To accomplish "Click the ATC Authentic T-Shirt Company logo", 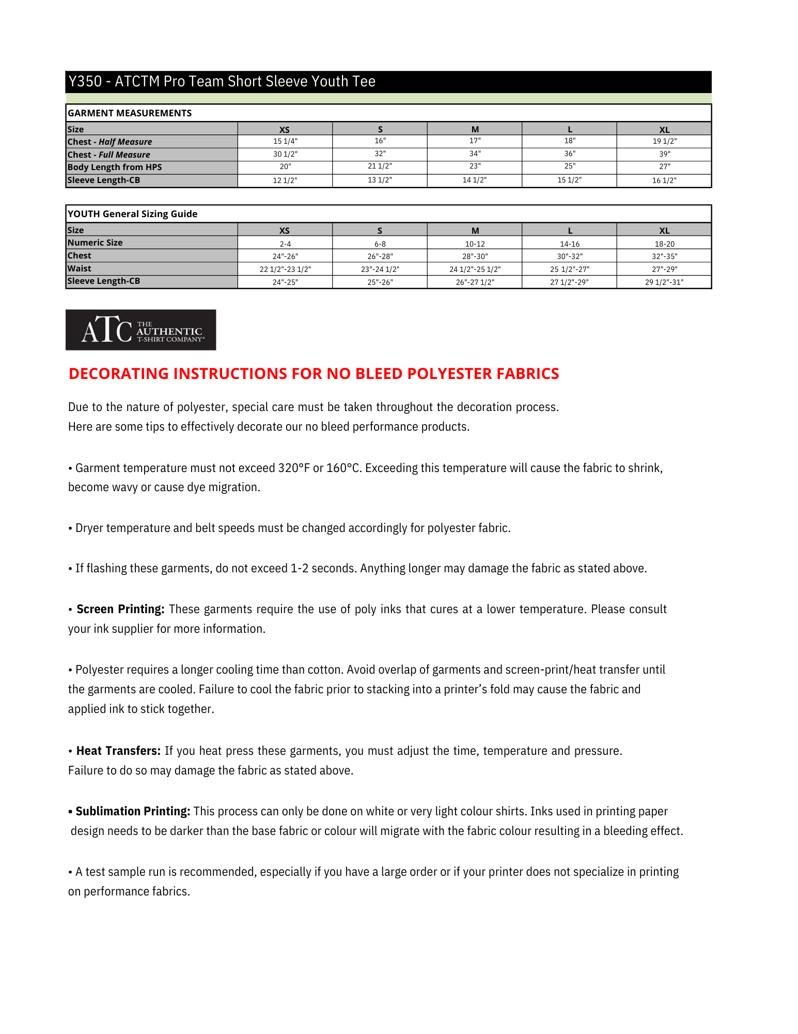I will (x=140, y=330).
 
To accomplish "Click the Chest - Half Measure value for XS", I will (x=285, y=141).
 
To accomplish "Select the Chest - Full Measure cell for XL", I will (x=664, y=154).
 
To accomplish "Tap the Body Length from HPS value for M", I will (x=475, y=166).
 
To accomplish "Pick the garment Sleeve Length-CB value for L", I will (x=569, y=180).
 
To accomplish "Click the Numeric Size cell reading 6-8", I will (x=380, y=244).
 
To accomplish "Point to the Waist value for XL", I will (x=664, y=269).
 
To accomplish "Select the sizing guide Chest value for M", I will (x=475, y=256).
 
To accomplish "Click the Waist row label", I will (x=79, y=268).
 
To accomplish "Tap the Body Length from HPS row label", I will (x=115, y=167).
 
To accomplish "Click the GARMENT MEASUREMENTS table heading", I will (x=130, y=113).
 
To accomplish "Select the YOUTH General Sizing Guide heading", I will (x=132, y=214).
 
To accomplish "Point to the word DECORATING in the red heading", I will (x=118, y=373).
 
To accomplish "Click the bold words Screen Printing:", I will (x=120, y=609).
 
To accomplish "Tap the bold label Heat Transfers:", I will (x=118, y=751).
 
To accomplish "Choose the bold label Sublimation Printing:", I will (x=133, y=811).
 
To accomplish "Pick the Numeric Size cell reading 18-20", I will (x=664, y=244).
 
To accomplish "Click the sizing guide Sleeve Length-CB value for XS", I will (x=285, y=282).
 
